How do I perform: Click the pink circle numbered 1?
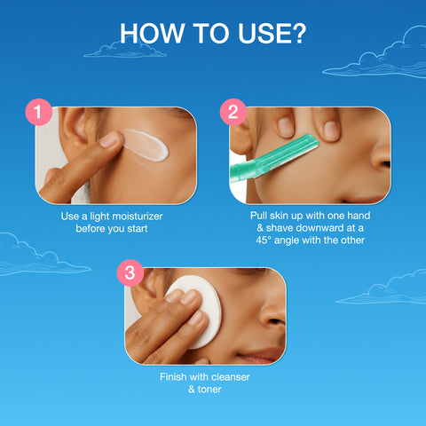pos(37,113)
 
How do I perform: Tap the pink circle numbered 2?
pos(233,113)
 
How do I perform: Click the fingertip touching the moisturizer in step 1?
pos(109,139)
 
